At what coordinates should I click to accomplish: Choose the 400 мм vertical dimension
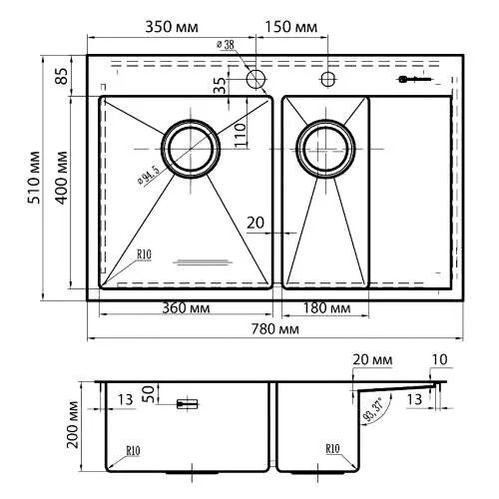pyautogui.click(x=61, y=178)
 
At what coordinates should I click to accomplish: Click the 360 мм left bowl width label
pyautogui.click(x=189, y=308)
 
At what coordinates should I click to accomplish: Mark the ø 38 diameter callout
pyautogui.click(x=227, y=45)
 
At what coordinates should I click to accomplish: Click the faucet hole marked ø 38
pyautogui.click(x=256, y=78)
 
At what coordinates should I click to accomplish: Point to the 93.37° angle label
pyautogui.click(x=378, y=405)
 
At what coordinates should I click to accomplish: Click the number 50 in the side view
pyautogui.click(x=149, y=392)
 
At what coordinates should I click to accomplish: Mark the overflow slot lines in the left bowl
pyautogui.click(x=203, y=262)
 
